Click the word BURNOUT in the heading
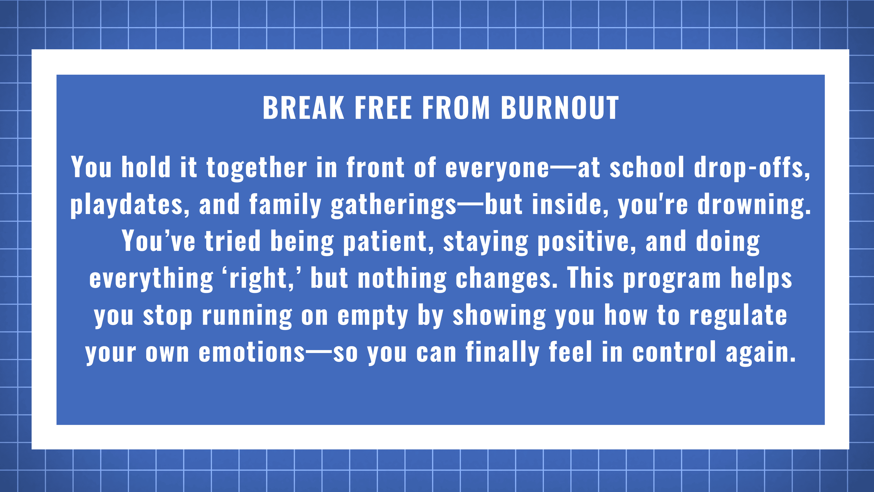pyautogui.click(x=560, y=108)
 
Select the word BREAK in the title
pyautogui.click(x=304, y=108)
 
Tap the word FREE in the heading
pyautogui.click(x=383, y=108)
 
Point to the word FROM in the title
pyautogui.click(x=456, y=108)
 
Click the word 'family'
pyautogui.click(x=285, y=204)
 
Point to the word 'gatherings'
pyautogui.click(x=394, y=204)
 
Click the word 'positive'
pyautogui.click(x=584, y=241)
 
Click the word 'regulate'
pyautogui.click(x=738, y=315)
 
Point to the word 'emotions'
pyautogui.click(x=252, y=352)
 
